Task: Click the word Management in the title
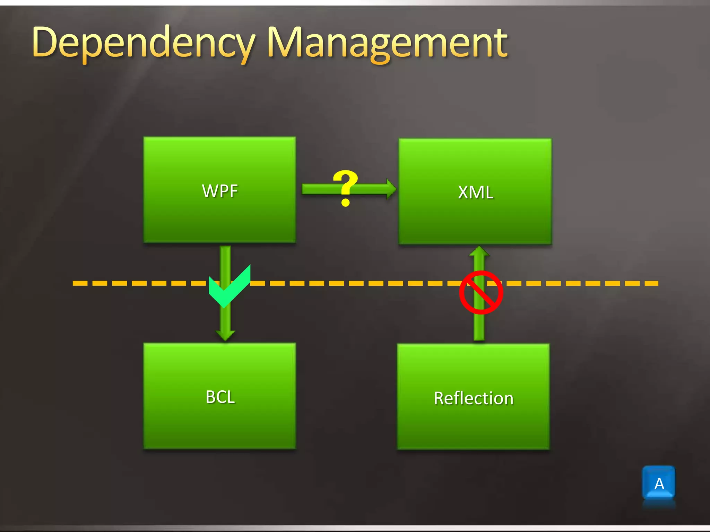pyautogui.click(x=387, y=43)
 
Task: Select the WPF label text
pyautogui.click(x=220, y=190)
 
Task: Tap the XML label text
pyautogui.click(x=475, y=192)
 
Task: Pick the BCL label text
pyautogui.click(x=220, y=397)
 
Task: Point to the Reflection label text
pyautogui.click(x=473, y=398)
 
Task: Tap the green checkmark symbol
pyautogui.click(x=229, y=287)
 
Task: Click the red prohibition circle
pyautogui.click(x=480, y=292)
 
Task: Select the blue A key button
pyautogui.click(x=659, y=483)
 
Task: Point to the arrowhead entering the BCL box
pyautogui.click(x=225, y=335)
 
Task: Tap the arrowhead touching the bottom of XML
pyautogui.click(x=479, y=251)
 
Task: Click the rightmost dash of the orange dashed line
pyautogui.click(x=652, y=283)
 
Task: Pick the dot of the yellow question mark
pyautogui.click(x=345, y=202)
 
